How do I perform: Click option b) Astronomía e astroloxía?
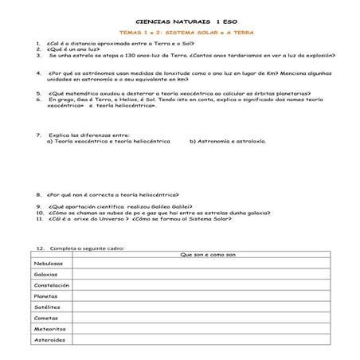[x=228, y=140]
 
